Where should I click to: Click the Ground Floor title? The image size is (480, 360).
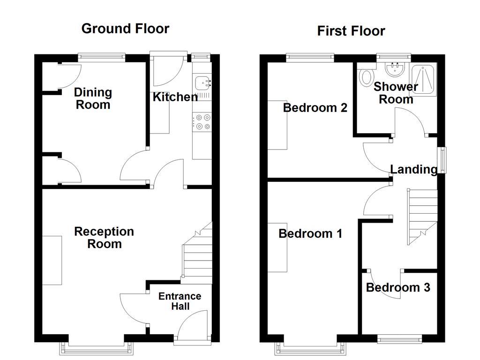coord(125,29)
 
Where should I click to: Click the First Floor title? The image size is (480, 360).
coord(351,31)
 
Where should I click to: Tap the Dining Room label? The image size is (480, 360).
coord(93,98)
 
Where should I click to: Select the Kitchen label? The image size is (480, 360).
coord(175,97)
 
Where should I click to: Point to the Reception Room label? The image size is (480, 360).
coord(104,238)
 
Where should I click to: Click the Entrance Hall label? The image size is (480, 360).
coord(180,301)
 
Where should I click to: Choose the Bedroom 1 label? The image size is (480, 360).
coord(310,233)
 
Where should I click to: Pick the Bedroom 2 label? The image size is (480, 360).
coord(315,108)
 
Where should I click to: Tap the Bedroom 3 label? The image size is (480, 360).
coord(398,287)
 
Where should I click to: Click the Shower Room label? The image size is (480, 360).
coord(396,93)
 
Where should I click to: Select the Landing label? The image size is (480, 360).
coord(413,169)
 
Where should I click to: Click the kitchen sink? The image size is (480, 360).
coord(202,83)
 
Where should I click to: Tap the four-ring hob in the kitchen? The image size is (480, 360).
coord(202,121)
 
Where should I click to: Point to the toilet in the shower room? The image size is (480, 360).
coord(366,76)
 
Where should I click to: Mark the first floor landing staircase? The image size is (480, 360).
coord(421,216)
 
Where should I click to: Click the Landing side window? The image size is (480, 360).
coord(442,160)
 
